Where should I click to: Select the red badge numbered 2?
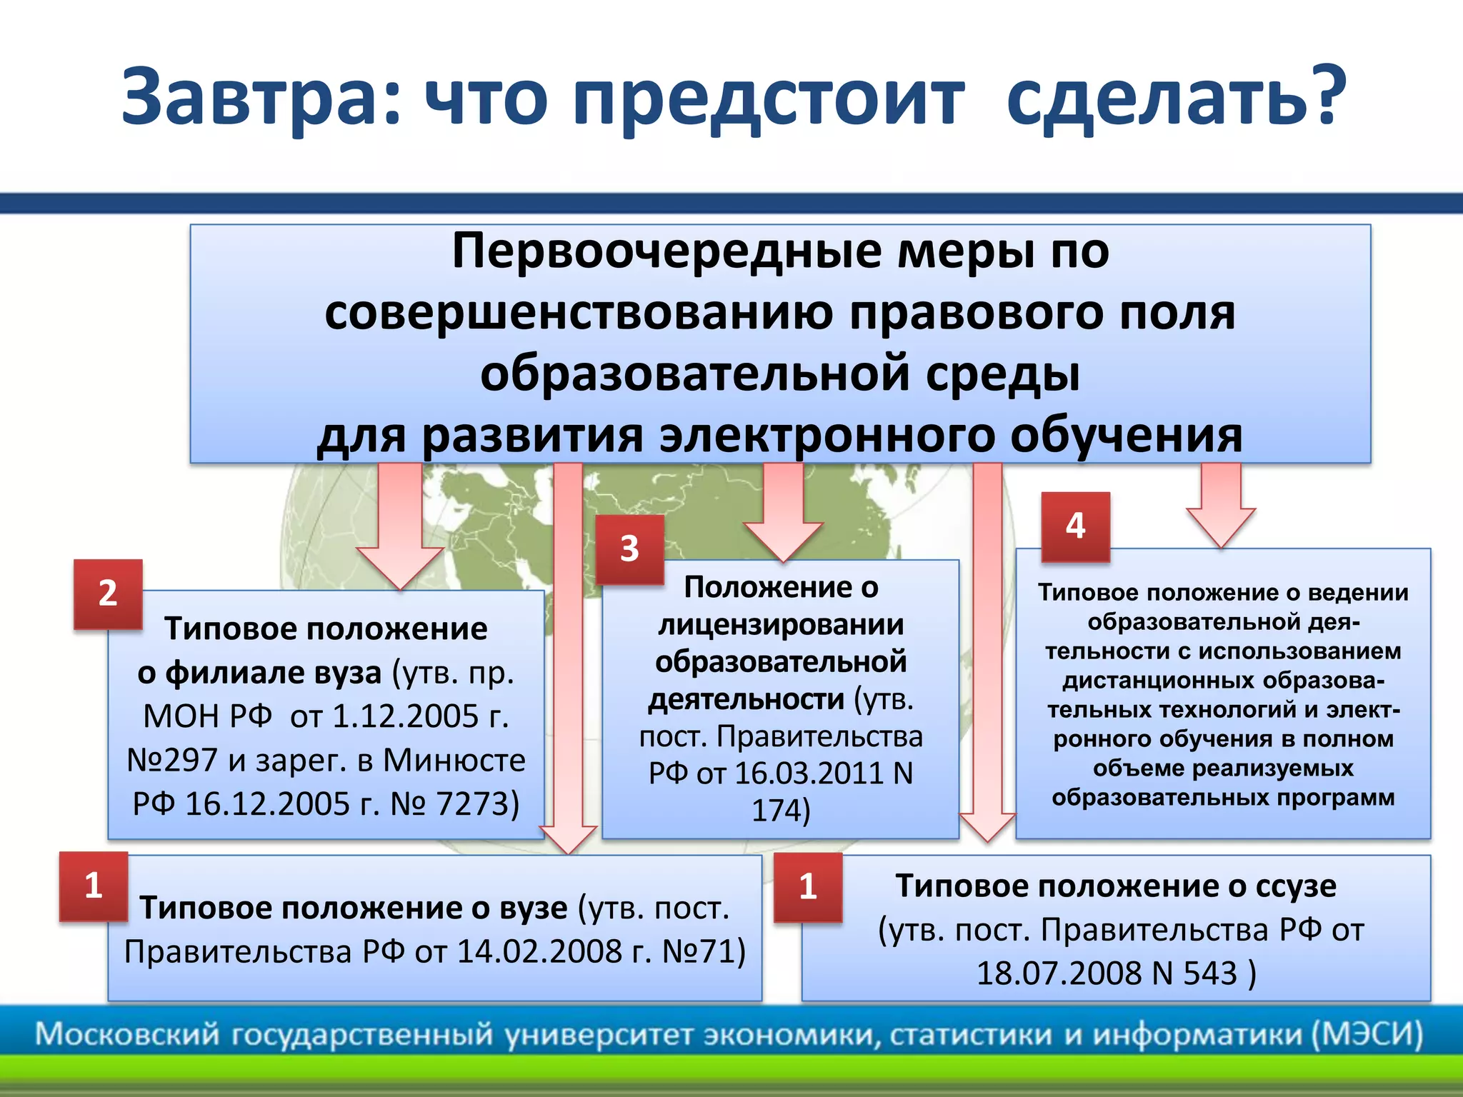click(108, 593)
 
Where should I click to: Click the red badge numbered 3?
click(629, 549)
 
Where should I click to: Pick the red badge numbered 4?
click(1075, 526)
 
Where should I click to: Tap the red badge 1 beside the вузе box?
click(94, 886)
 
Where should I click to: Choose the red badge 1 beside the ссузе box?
click(808, 887)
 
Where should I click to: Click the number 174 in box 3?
click(775, 811)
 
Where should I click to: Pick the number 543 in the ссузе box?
click(1210, 973)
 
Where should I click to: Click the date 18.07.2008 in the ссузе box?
click(1061, 973)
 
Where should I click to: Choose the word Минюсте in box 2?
click(454, 761)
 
